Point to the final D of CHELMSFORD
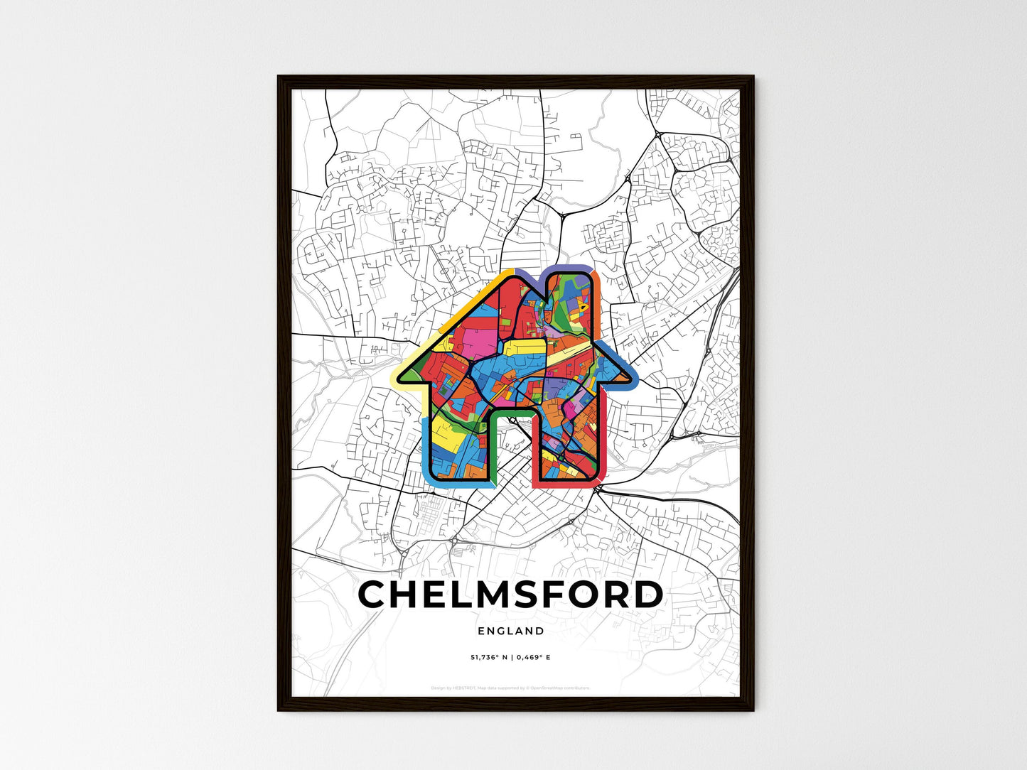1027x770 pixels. (x=647, y=595)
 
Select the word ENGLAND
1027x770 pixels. (x=511, y=631)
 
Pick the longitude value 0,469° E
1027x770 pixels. (x=533, y=657)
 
